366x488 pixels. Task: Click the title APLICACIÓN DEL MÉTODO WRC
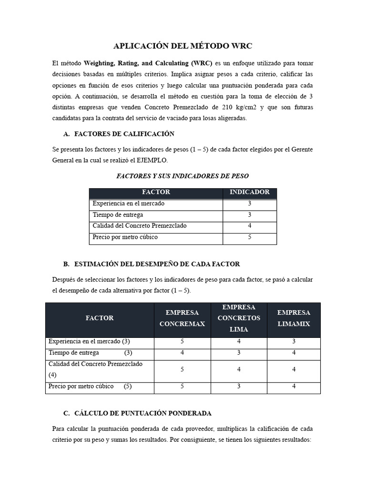click(183, 46)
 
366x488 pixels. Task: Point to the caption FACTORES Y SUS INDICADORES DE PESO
click(183, 176)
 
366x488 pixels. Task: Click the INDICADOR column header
click(250, 193)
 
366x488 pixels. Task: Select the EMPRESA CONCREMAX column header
click(182, 318)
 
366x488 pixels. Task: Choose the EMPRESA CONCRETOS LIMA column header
click(239, 318)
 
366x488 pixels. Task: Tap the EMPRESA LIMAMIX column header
click(294, 318)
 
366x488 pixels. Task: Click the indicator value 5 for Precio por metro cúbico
click(250, 237)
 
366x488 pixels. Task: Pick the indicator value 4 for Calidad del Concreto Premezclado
click(250, 226)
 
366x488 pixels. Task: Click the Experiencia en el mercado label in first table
click(128, 203)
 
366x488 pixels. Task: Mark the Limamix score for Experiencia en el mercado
click(294, 342)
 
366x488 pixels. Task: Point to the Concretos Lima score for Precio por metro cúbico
click(239, 386)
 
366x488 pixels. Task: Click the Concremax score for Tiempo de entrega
click(182, 353)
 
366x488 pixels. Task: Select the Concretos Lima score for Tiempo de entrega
click(239, 353)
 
